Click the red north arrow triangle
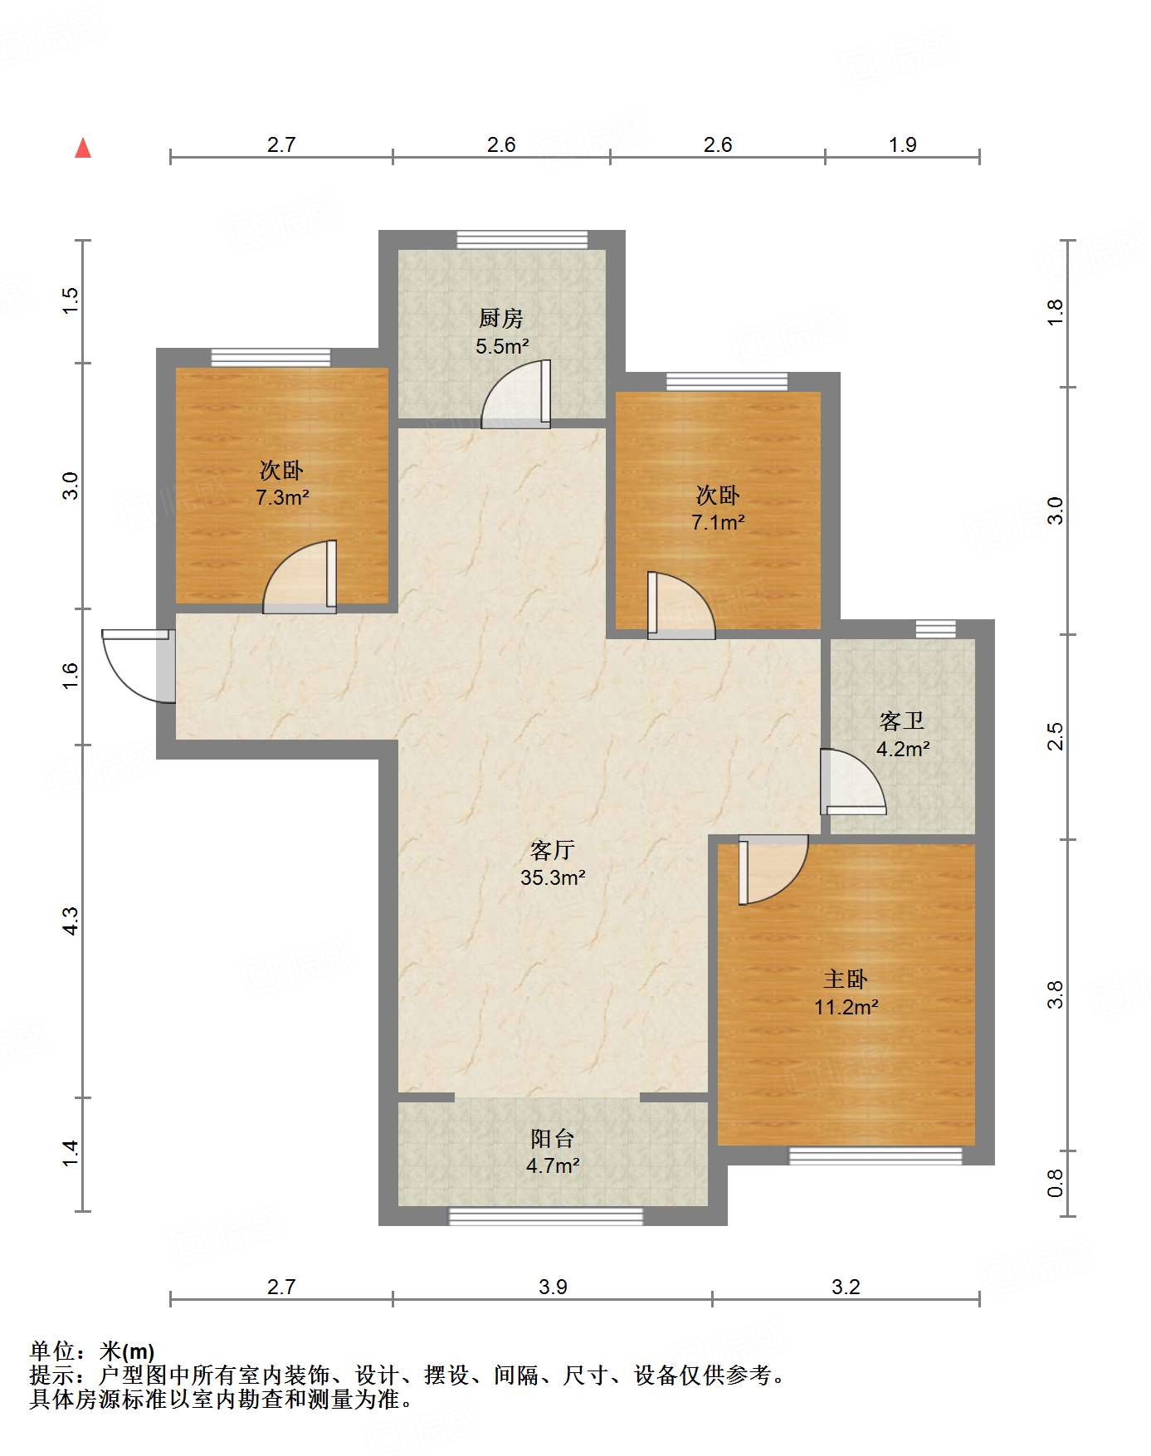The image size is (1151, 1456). tap(83, 148)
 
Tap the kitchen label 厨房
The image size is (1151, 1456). tap(501, 318)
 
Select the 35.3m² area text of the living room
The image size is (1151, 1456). tap(554, 877)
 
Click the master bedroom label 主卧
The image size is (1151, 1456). tap(846, 980)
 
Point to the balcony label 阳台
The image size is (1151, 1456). tap(553, 1139)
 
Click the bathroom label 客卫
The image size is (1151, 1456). tap(902, 721)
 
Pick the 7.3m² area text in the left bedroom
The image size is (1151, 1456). tap(282, 498)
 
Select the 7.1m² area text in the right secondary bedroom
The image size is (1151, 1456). tap(718, 523)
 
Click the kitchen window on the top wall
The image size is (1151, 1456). tap(523, 239)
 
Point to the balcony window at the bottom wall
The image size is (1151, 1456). tap(546, 1216)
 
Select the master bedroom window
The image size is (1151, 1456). tap(875, 1156)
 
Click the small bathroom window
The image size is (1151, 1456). tap(936, 629)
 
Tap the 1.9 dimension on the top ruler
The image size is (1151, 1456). tap(903, 145)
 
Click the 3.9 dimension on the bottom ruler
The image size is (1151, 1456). tap(553, 1287)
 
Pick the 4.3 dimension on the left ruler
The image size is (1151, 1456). tap(71, 921)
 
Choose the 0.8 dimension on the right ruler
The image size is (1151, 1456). tap(1055, 1183)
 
